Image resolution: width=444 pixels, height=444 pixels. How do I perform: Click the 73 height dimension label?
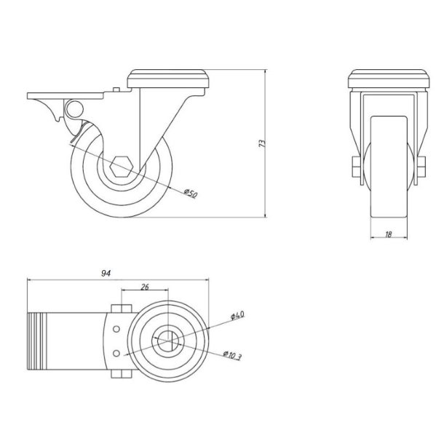tap(261, 143)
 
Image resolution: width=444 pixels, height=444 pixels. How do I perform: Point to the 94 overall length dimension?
tap(106, 274)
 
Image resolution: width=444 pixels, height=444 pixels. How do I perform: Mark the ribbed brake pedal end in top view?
tap(36, 341)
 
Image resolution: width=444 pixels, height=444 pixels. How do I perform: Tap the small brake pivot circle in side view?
tap(73, 110)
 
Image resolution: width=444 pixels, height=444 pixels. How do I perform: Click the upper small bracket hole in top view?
tap(116, 329)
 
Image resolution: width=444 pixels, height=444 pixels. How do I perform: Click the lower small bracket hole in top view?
tap(116, 354)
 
